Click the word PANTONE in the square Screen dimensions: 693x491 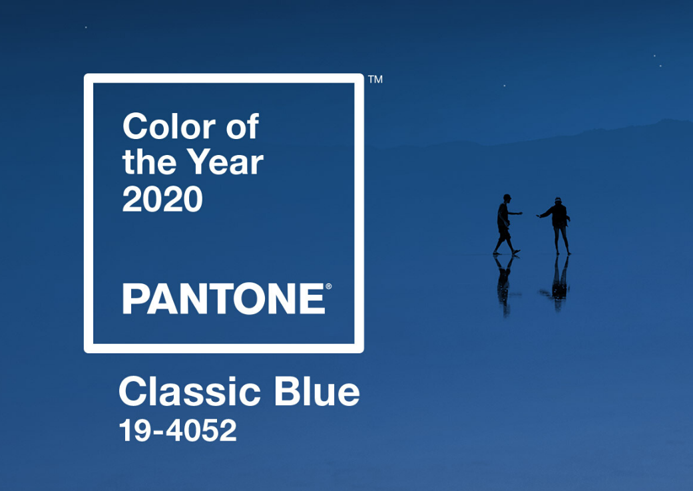[224, 299]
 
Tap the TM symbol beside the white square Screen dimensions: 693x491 [375, 79]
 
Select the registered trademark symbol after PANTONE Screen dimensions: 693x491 [328, 286]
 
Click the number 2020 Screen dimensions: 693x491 [162, 199]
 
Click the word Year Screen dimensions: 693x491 [225, 162]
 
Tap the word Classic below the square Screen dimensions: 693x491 [190, 391]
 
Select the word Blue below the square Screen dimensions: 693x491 [317, 391]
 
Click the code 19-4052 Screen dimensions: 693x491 [178, 430]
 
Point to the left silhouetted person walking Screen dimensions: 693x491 [505, 225]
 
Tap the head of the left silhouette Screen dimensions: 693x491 [507, 198]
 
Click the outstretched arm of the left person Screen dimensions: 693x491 [515, 214]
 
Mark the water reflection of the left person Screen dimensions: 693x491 [504, 285]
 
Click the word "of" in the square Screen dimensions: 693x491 [242, 126]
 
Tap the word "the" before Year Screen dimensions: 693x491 [149, 162]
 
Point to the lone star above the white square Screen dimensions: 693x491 [86, 27]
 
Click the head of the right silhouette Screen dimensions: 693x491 [558, 200]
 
